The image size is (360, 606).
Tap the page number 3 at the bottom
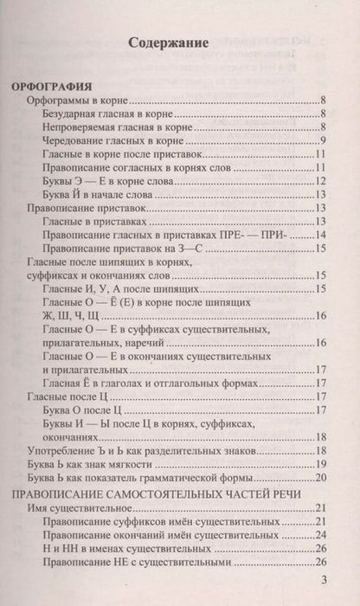pyautogui.click(x=324, y=579)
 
